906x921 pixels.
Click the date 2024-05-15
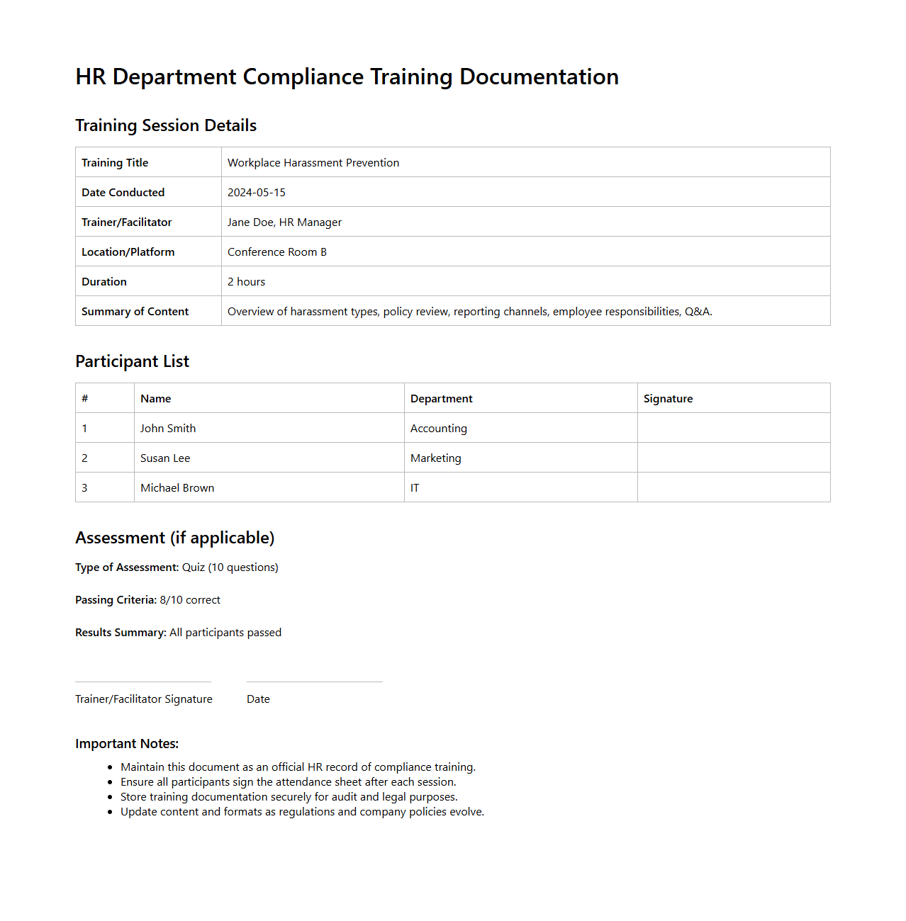[x=257, y=193]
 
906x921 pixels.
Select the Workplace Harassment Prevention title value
[x=313, y=163]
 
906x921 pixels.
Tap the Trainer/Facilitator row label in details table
[x=127, y=222]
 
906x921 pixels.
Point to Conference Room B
[x=277, y=252]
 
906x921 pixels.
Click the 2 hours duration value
[x=247, y=282]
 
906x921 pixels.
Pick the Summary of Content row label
[x=135, y=312]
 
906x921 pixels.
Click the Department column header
[x=442, y=399]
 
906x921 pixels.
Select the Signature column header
[x=668, y=399]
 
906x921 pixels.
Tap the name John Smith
[x=168, y=429]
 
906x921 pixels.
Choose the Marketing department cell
[x=436, y=458]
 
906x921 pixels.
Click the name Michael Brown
[x=177, y=488]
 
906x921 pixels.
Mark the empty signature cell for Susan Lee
[x=734, y=458]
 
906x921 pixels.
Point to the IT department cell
[x=415, y=488]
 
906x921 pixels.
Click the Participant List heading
[x=133, y=361]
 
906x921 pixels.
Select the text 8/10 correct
[x=190, y=600]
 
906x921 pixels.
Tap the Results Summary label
[x=121, y=633]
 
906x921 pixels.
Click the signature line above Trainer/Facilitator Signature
[x=143, y=682]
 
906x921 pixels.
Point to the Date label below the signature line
[x=258, y=699]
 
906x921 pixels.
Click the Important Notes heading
[x=127, y=744]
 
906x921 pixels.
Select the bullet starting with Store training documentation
[x=289, y=797]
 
